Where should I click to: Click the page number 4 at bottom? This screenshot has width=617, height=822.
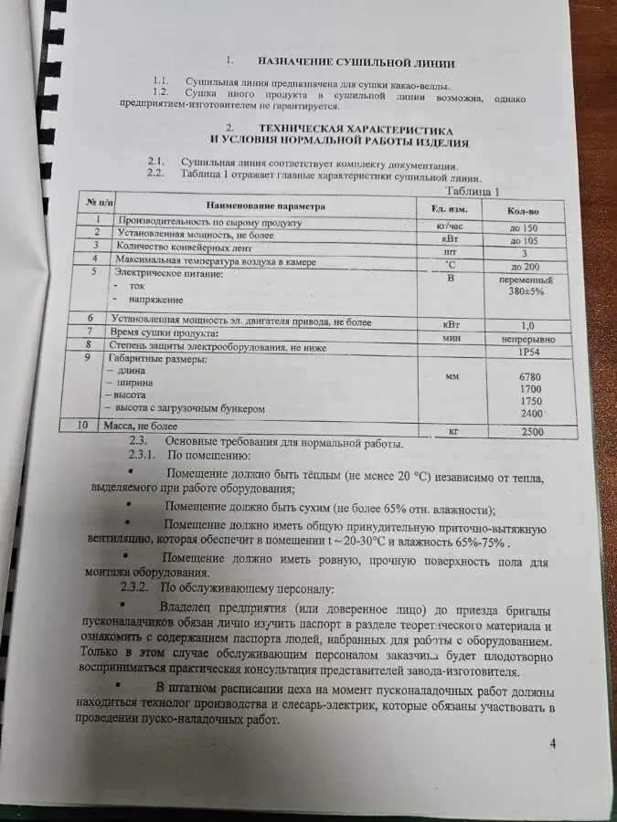coord(552,743)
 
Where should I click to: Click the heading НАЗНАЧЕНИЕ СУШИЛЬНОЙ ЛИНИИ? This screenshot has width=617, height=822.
coord(356,63)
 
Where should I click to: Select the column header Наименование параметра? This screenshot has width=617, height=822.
coord(266,206)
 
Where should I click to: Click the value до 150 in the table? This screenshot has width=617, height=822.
coord(524,227)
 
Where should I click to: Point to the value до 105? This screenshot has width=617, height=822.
coord(524,241)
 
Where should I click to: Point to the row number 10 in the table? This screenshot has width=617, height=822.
coord(83,425)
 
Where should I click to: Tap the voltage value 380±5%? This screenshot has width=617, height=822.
coord(527,293)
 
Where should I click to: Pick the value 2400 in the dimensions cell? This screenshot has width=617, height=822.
coord(531,414)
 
